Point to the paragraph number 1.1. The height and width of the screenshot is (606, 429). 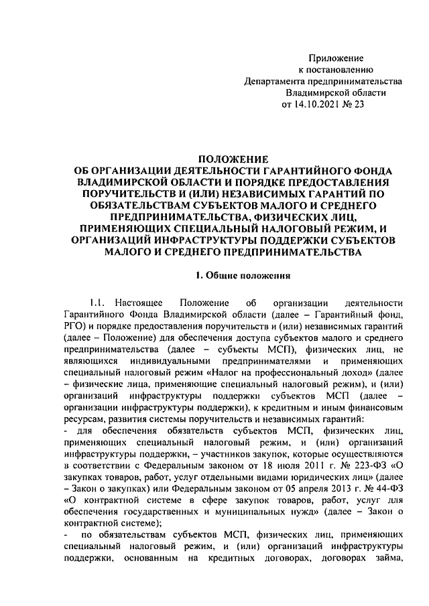100,303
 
